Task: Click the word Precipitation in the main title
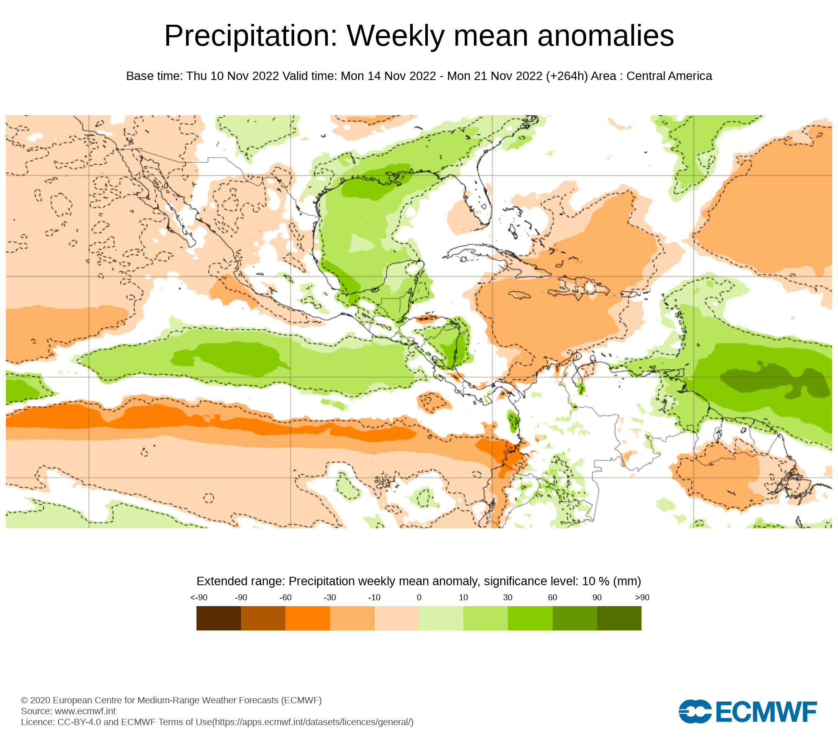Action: (251, 36)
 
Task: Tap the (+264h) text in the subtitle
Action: (567, 76)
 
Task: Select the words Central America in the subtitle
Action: (669, 76)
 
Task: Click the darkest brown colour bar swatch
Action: (219, 618)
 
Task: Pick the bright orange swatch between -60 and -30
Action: (308, 618)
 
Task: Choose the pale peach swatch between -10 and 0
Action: (396, 618)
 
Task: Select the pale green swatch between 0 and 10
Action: (441, 618)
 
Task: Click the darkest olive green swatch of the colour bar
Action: (619, 618)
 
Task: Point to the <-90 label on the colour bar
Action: (199, 598)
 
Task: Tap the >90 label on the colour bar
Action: (642, 598)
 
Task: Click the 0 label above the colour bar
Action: (419, 598)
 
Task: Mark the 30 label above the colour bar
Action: (508, 598)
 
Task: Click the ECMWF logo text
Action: (766, 712)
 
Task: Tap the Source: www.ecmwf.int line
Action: (68, 711)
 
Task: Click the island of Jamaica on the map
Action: (520, 295)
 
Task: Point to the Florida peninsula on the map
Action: (482, 201)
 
